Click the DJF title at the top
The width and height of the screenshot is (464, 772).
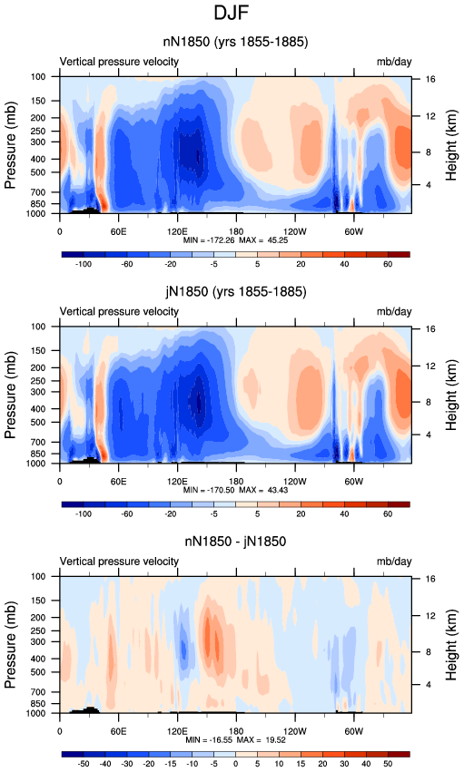pyautogui.click(x=231, y=13)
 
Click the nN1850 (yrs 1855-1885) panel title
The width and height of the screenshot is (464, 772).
pyautogui.click(x=235, y=42)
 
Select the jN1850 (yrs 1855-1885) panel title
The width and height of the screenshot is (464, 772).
pyautogui.click(x=235, y=292)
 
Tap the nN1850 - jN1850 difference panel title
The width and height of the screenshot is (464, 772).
pyautogui.click(x=235, y=542)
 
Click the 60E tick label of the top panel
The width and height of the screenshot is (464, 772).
pyautogui.click(x=118, y=231)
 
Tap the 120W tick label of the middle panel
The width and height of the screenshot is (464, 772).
pyautogui.click(x=294, y=481)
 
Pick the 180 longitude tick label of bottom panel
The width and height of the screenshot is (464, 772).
pyautogui.click(x=236, y=731)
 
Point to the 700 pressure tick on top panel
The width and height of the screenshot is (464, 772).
pyautogui.click(x=53, y=192)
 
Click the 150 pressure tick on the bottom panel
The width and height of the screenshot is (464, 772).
pyautogui.click(x=53, y=601)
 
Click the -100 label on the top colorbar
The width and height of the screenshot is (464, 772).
pyautogui.click(x=84, y=264)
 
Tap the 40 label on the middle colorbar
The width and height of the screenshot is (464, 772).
pyautogui.click(x=344, y=513)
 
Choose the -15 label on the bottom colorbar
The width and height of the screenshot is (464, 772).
pyautogui.click(x=170, y=764)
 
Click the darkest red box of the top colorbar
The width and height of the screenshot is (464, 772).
pyautogui.click(x=399, y=255)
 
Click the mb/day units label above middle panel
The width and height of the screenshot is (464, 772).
pyautogui.click(x=394, y=312)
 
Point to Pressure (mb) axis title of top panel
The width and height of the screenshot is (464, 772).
pyautogui.click(x=11, y=145)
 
